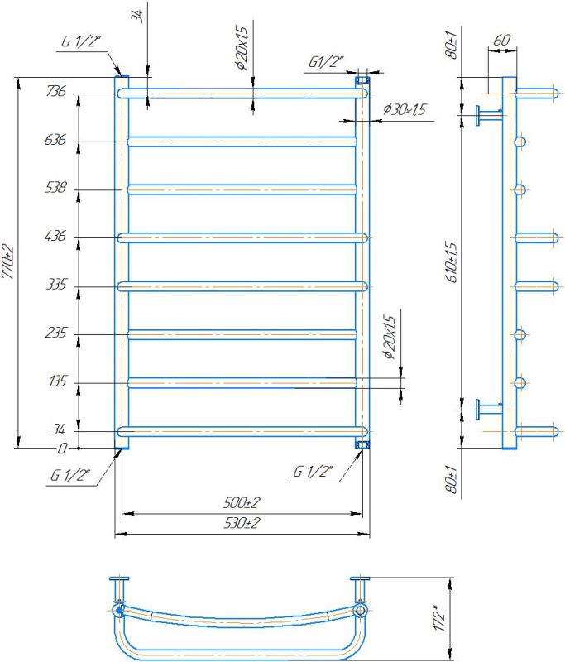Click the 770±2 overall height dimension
coord(8,261)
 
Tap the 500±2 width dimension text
coord(242,502)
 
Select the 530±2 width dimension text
coord(242,523)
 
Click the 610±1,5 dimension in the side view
coord(452,261)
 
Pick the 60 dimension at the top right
coord(501,40)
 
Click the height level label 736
coord(56,91)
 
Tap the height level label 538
coord(55,187)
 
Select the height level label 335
coord(56,284)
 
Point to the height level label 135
coord(58,381)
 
